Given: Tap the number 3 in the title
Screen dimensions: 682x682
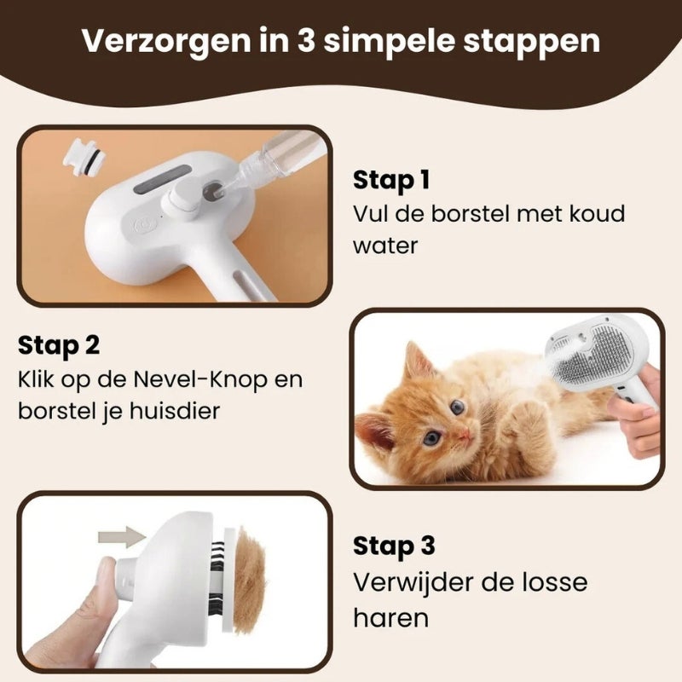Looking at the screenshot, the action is (x=306, y=40).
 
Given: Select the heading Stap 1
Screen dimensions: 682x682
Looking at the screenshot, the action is (x=391, y=180).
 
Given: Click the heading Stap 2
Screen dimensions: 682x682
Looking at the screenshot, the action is (x=59, y=346).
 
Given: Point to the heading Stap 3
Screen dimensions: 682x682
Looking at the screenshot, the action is (x=394, y=546).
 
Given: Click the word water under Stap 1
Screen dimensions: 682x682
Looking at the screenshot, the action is (x=385, y=246).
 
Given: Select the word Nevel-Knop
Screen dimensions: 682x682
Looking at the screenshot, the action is (x=200, y=379).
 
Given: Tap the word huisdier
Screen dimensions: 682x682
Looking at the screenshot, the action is (x=175, y=411).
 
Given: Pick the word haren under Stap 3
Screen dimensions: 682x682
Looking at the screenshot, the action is (x=390, y=617).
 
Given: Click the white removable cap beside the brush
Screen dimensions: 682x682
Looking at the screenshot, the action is (x=83, y=156).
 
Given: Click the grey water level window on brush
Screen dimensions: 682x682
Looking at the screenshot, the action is (x=164, y=180).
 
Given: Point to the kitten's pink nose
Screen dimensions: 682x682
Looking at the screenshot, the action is (x=465, y=433).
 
